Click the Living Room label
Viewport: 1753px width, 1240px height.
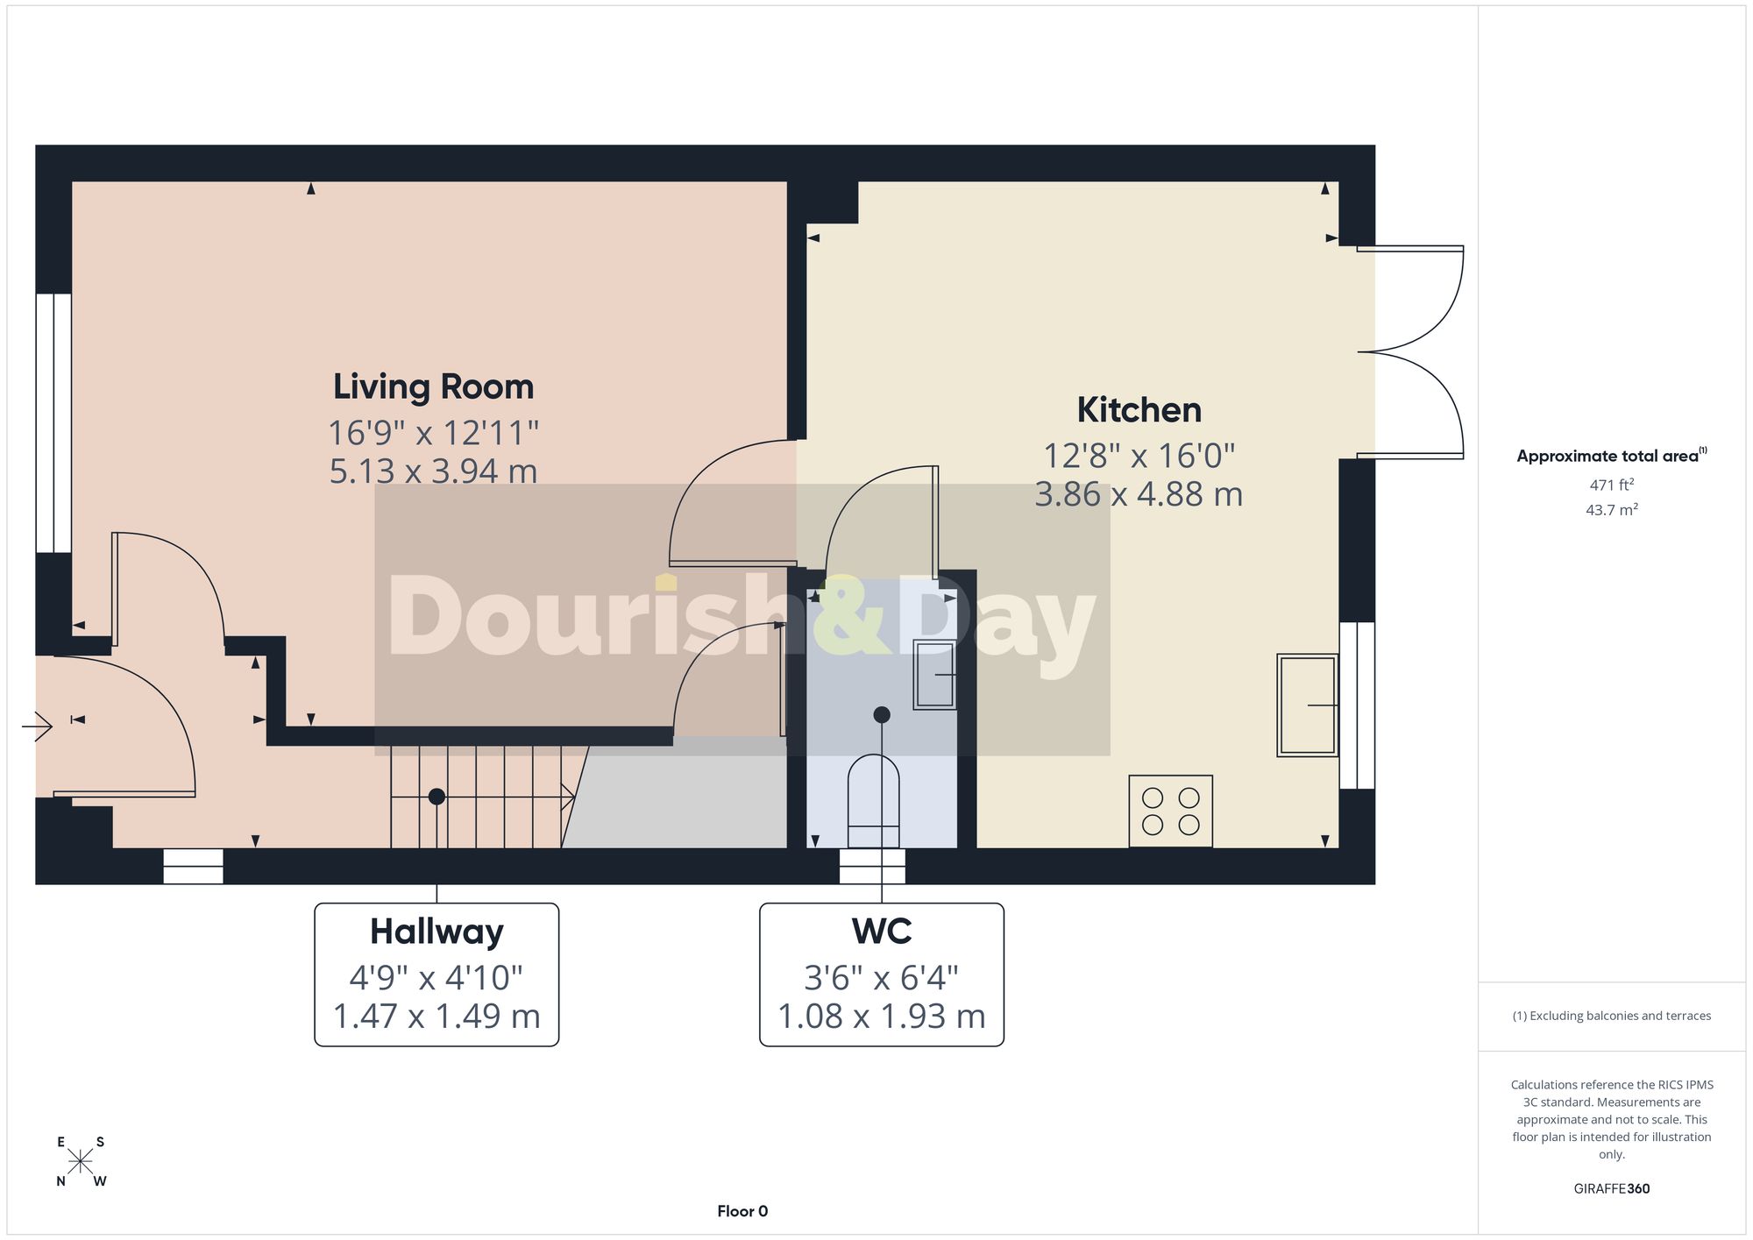pyautogui.click(x=433, y=386)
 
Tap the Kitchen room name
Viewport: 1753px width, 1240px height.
pyautogui.click(x=1139, y=409)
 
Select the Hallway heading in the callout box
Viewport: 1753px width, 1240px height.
pyautogui.click(x=436, y=932)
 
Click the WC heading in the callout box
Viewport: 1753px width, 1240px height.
pyautogui.click(x=882, y=931)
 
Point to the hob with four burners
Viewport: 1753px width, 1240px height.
pyautogui.click(x=1171, y=811)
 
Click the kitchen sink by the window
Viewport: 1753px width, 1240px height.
pyautogui.click(x=1307, y=705)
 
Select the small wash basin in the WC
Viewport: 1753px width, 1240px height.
pyautogui.click(x=934, y=674)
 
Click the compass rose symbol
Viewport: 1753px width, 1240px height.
pyautogui.click(x=81, y=1162)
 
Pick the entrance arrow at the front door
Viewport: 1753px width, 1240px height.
pyautogui.click(x=38, y=726)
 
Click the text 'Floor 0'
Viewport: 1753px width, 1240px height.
pyautogui.click(x=742, y=1211)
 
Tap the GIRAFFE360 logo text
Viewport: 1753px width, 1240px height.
pyautogui.click(x=1612, y=1188)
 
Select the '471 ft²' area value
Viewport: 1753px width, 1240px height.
pyautogui.click(x=1612, y=484)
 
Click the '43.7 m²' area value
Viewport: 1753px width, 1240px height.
pyautogui.click(x=1612, y=509)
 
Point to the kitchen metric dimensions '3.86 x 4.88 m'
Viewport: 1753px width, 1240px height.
pyautogui.click(x=1139, y=494)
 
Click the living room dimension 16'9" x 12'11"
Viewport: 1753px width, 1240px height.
pyautogui.click(x=433, y=433)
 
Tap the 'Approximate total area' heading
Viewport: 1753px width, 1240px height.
pyautogui.click(x=1612, y=455)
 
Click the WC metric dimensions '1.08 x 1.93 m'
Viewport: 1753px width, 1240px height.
pyautogui.click(x=882, y=1017)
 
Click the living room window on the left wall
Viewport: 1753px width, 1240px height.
pyautogui.click(x=53, y=422)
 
